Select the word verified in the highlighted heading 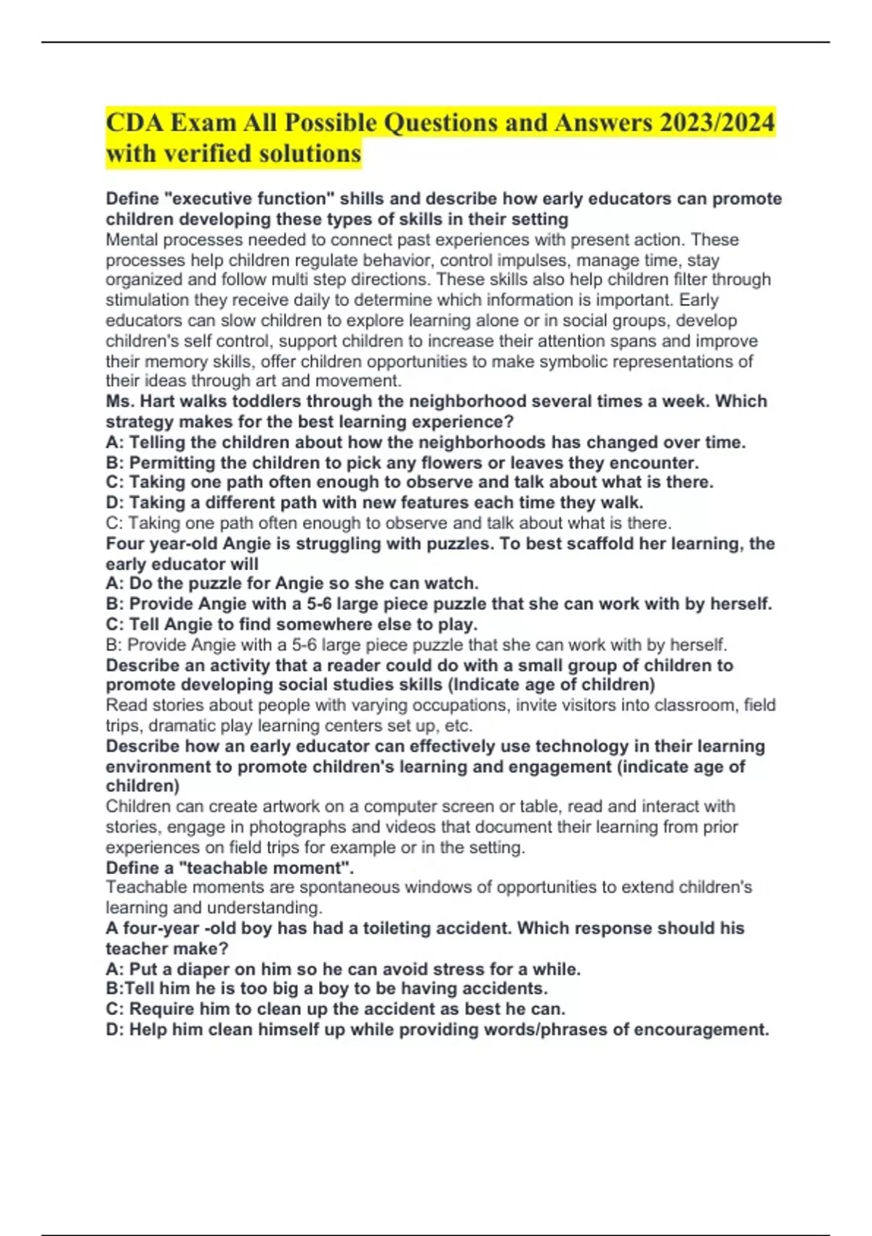pos(212,153)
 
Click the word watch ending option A pos(453,583)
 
